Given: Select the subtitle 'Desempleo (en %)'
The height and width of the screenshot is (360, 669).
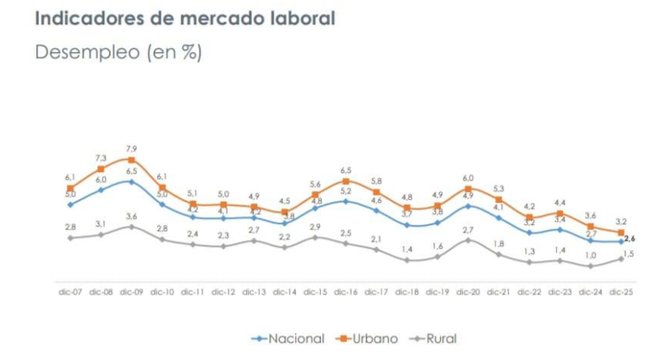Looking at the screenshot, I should coord(118,53).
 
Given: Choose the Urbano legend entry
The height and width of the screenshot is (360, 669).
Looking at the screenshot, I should coord(368,339).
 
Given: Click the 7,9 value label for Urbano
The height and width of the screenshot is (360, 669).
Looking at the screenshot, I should coord(132,148).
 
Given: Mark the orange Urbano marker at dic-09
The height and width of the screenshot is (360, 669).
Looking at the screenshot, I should coord(132,159).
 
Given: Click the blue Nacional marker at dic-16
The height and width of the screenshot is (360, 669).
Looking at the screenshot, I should coord(346,201).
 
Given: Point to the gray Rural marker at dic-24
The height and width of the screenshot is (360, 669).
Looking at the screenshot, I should coord(591,266).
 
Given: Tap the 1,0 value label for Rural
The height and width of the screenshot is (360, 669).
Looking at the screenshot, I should coord(591,255).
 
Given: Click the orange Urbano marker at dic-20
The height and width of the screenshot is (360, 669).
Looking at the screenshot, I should coord(468,189).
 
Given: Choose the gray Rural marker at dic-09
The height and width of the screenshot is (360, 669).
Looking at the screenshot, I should coord(132,227).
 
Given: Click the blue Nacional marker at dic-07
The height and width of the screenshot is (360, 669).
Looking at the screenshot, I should coord(71,204).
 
